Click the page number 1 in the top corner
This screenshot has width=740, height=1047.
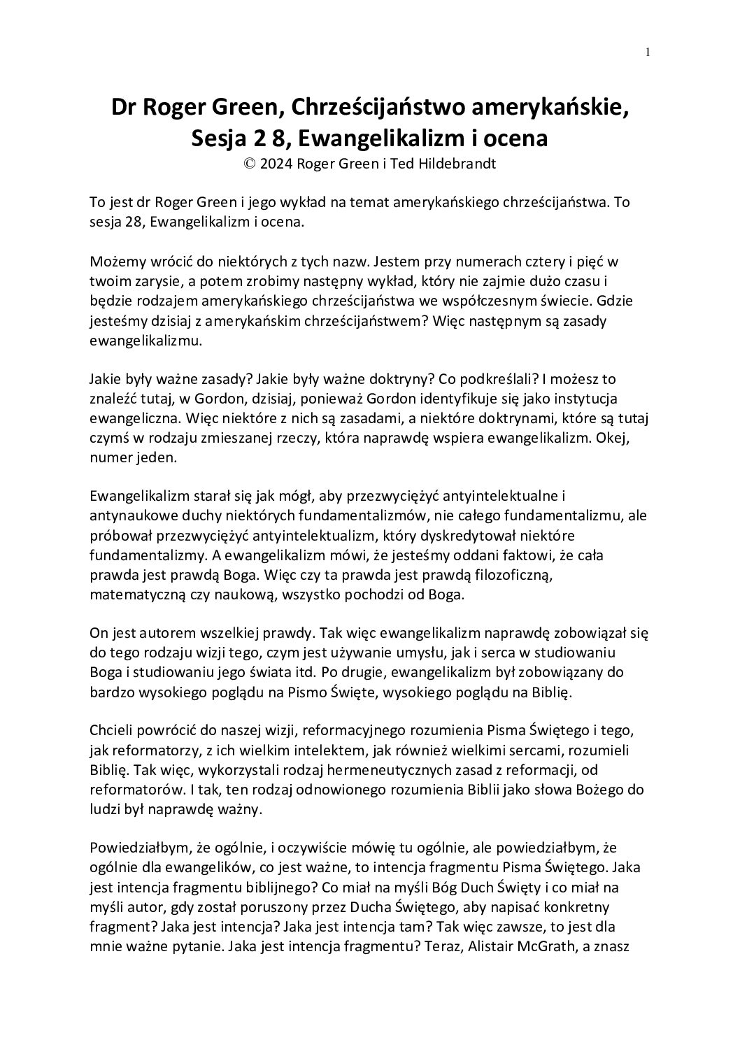coord(648,51)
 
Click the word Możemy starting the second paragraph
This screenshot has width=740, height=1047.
coord(118,263)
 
